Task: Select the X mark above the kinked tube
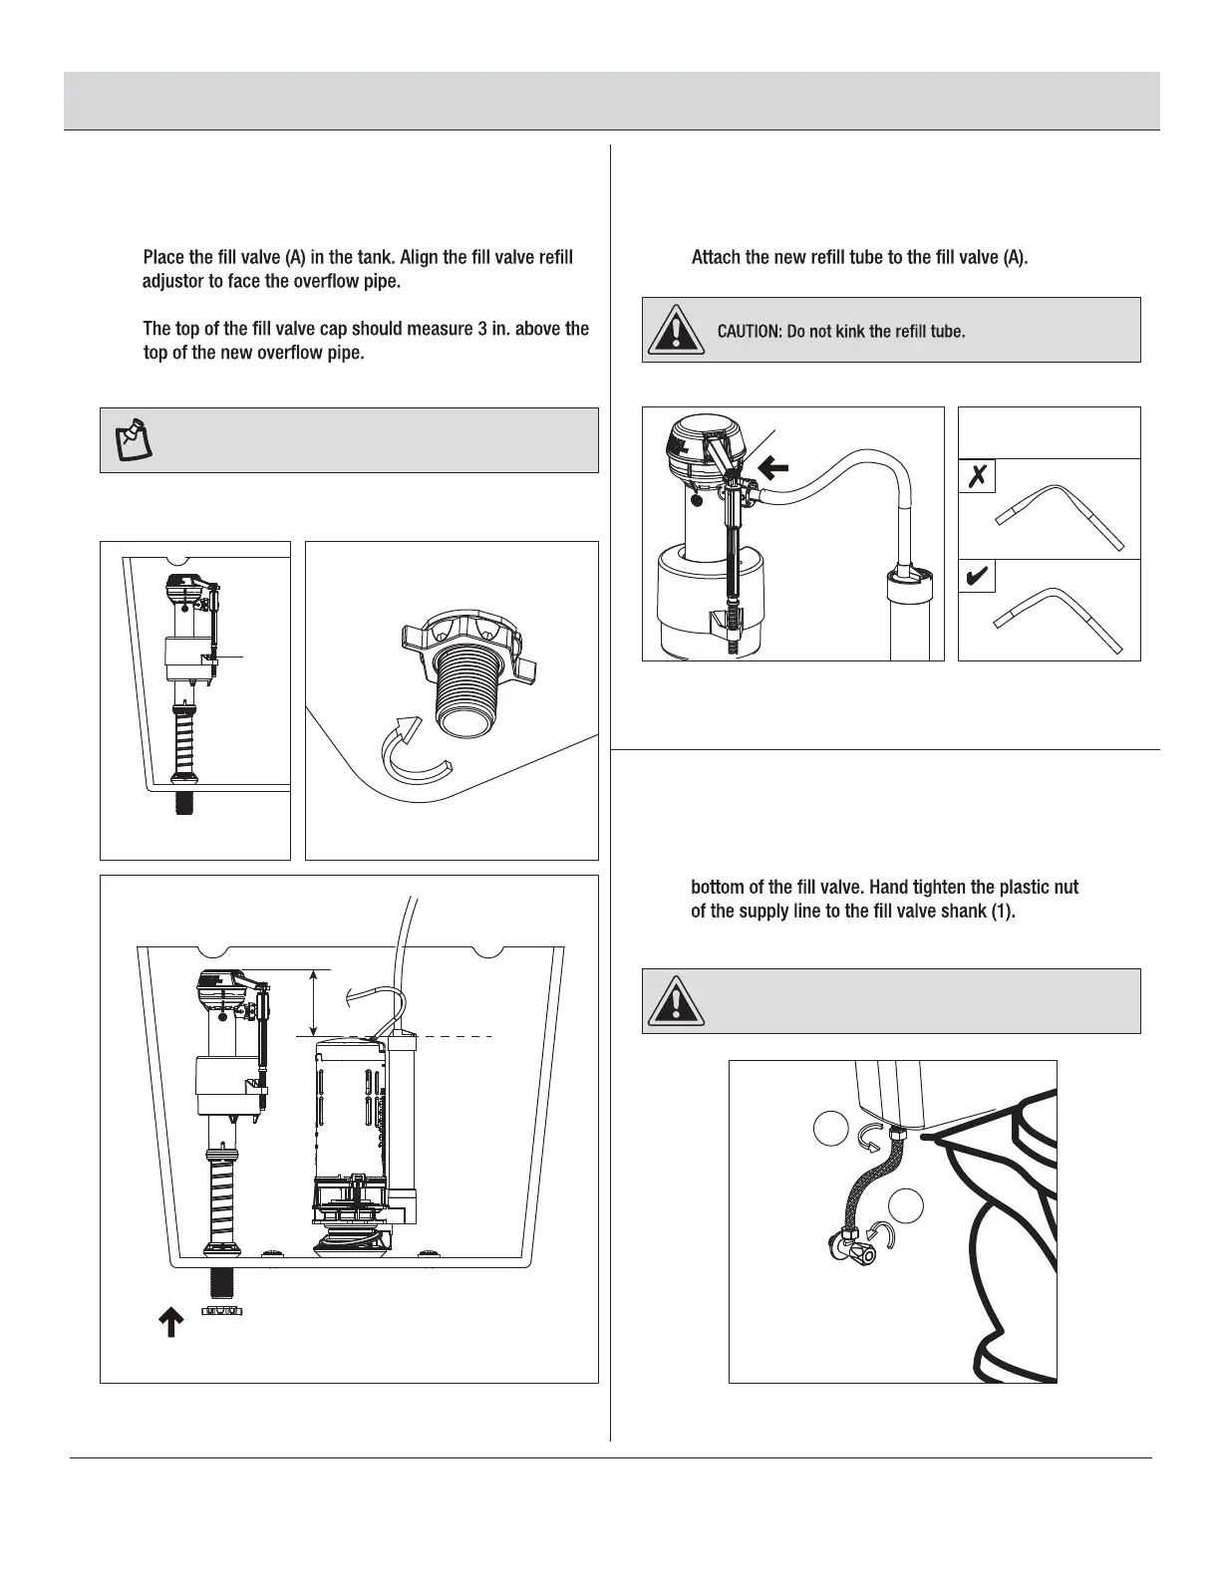click(x=977, y=477)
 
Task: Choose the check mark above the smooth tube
click(x=977, y=577)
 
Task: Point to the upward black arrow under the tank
click(x=171, y=1321)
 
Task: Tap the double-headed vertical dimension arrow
click(x=314, y=1003)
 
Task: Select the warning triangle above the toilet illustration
click(x=677, y=1001)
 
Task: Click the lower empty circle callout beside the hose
click(x=906, y=1205)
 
